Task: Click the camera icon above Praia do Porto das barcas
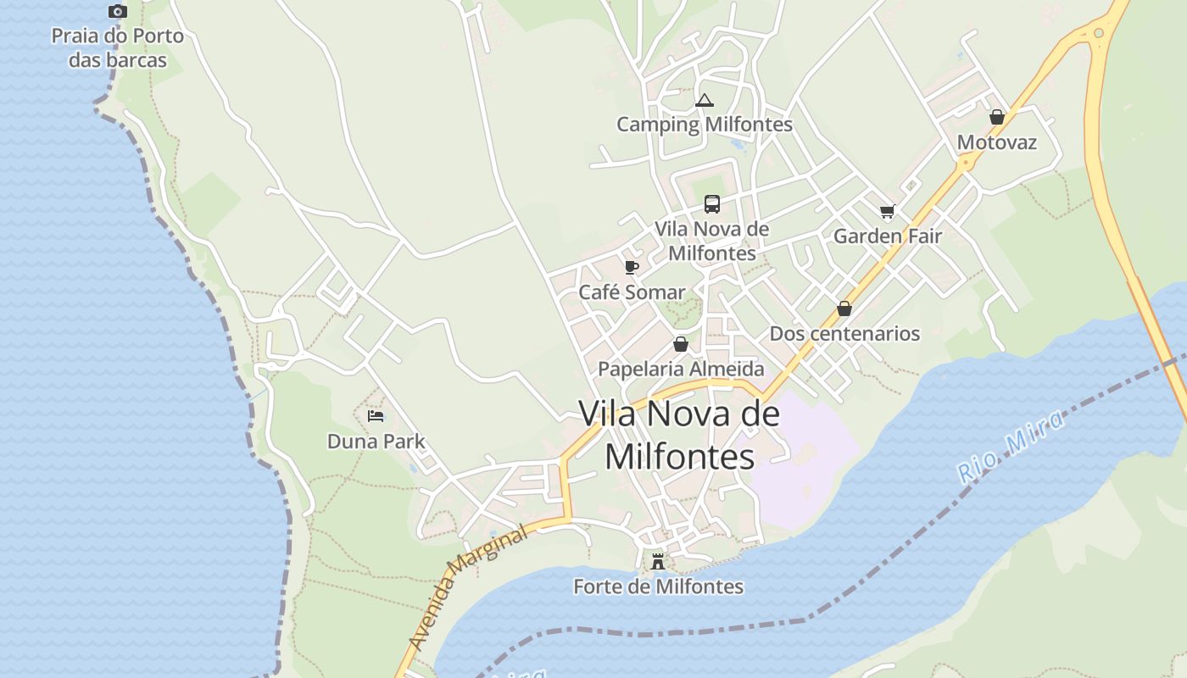point(118,12)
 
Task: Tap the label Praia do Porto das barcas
point(118,48)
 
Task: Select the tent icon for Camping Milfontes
point(704,101)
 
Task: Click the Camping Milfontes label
point(704,125)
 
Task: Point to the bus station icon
point(712,204)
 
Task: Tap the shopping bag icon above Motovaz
point(997,117)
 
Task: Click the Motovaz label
point(997,142)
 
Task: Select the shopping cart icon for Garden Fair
point(887,212)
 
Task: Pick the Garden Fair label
point(887,236)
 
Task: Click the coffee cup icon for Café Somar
point(631,268)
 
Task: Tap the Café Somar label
point(632,292)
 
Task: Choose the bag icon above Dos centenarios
point(844,308)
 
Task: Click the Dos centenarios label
point(844,333)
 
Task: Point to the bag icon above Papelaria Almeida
point(680,344)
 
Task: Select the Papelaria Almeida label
point(681,369)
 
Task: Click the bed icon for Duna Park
point(376,416)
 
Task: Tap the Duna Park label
point(376,442)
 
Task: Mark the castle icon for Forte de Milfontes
point(658,561)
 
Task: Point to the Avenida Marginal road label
point(467,588)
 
